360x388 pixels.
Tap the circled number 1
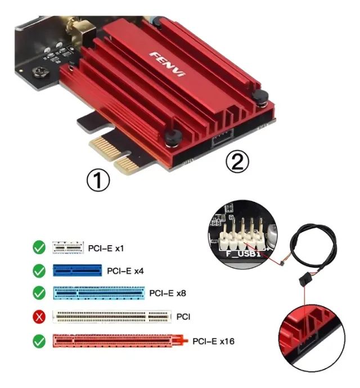point(98,181)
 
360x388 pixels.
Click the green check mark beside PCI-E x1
point(39,247)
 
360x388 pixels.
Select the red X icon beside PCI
point(39,317)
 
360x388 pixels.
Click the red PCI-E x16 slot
point(118,341)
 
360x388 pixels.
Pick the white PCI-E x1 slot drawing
point(68,247)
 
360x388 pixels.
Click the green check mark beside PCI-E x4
point(39,270)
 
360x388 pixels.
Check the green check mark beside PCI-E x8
point(39,294)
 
